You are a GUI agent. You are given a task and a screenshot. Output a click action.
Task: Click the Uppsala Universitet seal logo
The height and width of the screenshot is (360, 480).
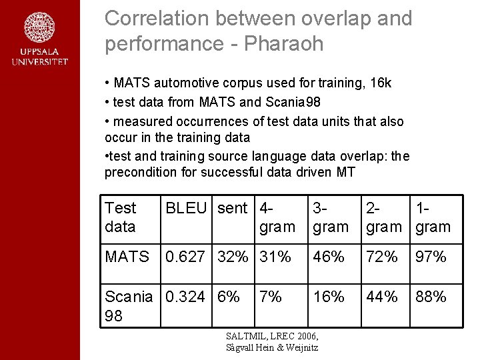(39, 28)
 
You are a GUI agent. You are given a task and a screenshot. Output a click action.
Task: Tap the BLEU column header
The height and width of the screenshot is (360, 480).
(186, 208)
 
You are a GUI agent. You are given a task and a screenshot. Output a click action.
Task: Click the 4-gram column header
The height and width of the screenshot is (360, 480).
(277, 217)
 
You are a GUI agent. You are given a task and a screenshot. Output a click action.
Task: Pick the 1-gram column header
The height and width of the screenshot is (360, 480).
(433, 217)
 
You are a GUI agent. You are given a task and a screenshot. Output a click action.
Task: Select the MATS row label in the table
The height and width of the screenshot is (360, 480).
(127, 257)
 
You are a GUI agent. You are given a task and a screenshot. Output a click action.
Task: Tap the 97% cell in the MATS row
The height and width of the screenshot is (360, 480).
(431, 257)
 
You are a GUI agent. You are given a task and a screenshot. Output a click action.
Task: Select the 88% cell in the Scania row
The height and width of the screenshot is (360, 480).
(431, 297)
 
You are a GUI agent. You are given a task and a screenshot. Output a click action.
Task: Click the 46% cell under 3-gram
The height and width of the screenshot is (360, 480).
(329, 257)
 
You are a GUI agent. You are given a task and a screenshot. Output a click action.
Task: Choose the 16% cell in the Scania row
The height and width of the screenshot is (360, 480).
(329, 297)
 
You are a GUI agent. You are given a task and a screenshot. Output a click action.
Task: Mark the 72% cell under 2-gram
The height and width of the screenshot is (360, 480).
(381, 257)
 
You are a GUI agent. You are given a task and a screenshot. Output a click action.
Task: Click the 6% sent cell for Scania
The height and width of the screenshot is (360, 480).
(229, 297)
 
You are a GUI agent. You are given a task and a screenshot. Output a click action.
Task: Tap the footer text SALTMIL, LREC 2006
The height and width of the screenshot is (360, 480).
(272, 336)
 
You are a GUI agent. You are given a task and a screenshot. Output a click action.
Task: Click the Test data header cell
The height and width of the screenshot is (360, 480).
(121, 217)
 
